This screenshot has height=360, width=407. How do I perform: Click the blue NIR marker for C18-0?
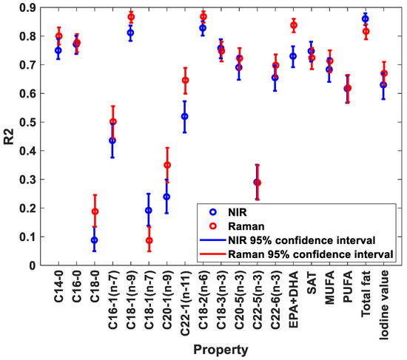(95, 240)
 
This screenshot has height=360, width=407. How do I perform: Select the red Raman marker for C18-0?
(95, 211)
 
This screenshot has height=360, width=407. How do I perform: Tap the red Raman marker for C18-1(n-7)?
(149, 240)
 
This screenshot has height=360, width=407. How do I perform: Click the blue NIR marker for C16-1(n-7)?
(112, 140)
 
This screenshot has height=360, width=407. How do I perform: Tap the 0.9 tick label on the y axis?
(32, 7)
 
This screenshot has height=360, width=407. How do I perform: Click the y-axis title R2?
(10, 137)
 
